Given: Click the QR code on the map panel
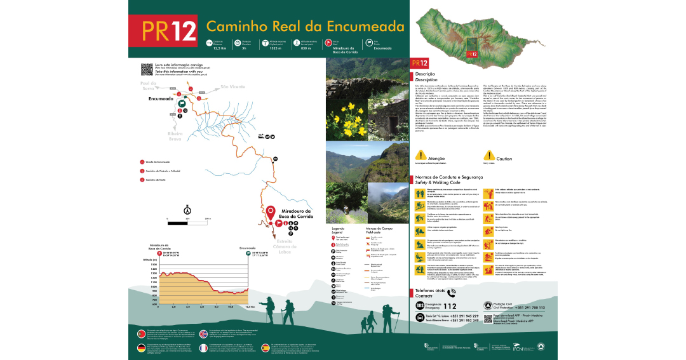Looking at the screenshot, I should pos(145,69).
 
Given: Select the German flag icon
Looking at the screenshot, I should pos(142,348).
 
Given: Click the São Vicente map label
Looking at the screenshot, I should pos(232,87).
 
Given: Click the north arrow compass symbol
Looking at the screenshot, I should pos(187,210).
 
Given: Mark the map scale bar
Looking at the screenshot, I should pos(187,223).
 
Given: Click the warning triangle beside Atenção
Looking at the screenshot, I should pos(420,156).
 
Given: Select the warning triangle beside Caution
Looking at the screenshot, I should pos(488,156).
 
